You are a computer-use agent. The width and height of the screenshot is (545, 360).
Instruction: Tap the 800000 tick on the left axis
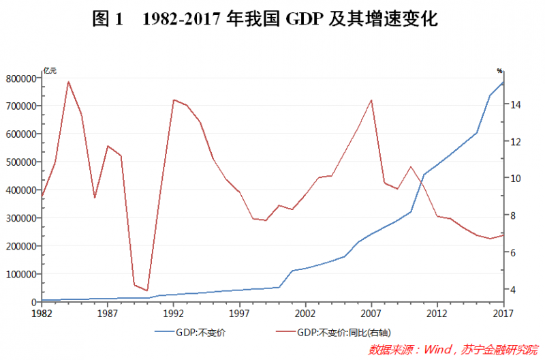pos(20,78)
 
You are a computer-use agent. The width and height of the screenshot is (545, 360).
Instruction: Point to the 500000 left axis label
pos(20,162)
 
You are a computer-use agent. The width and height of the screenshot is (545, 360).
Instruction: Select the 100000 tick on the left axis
pos(20,274)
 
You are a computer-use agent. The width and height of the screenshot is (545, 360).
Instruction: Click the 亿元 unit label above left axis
pos(50,70)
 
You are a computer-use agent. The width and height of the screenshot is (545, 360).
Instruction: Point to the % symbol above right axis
pos(499,70)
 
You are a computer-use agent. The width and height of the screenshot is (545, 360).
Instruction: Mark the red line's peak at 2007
pos(371,100)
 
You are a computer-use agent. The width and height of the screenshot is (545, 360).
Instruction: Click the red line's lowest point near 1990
pos(147,290)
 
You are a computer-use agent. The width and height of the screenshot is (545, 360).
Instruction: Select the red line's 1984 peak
pos(68,81)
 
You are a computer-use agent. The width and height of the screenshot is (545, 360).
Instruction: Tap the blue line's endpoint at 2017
pos(503,82)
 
